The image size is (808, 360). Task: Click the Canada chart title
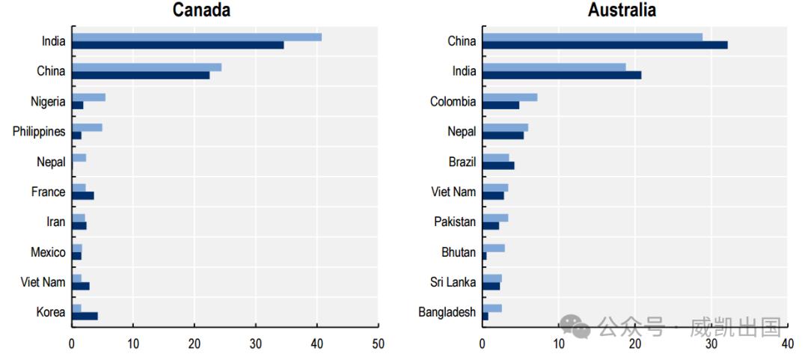(x=201, y=10)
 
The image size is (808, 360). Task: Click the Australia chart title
(x=622, y=10)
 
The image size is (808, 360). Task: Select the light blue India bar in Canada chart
(x=197, y=37)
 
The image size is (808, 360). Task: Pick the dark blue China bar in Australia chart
(x=605, y=45)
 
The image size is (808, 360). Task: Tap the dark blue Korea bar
(x=85, y=316)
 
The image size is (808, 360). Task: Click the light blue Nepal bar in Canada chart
(x=79, y=157)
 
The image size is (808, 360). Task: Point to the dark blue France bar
(x=82, y=195)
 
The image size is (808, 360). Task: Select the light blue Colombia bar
(x=509, y=97)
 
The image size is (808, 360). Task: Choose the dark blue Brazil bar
(x=498, y=165)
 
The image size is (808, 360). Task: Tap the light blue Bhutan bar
(x=494, y=248)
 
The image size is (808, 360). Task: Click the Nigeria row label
(x=48, y=102)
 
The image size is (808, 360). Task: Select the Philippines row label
(x=39, y=132)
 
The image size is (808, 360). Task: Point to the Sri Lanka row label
(x=453, y=282)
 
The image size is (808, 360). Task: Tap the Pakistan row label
(x=454, y=222)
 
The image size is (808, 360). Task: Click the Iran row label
(x=55, y=222)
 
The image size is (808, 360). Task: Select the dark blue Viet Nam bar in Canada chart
(x=81, y=286)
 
